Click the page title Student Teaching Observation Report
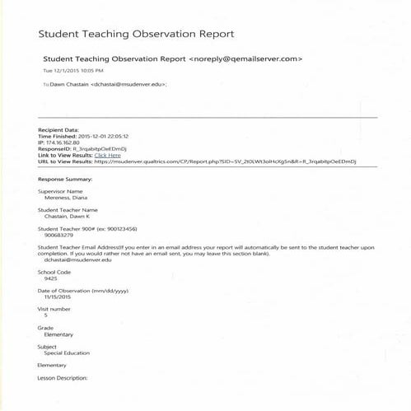point(137,35)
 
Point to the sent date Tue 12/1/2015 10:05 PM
point(74,71)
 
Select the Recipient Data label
point(59,130)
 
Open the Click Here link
point(108,155)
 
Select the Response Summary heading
point(65,178)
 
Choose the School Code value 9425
point(51,278)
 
